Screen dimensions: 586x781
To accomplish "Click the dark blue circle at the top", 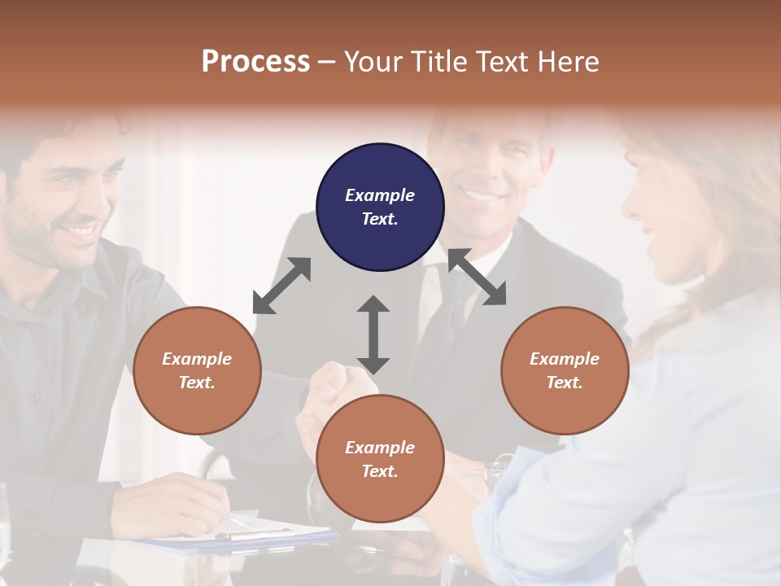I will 380,207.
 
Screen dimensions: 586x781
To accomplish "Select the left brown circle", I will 197,370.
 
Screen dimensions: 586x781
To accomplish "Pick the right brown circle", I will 565,370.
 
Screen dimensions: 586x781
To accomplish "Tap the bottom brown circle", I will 380,459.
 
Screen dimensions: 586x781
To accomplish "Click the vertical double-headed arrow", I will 373,335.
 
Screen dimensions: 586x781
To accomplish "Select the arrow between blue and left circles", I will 281,286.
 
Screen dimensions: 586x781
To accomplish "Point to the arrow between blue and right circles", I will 477,277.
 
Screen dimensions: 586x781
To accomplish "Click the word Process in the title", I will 255,61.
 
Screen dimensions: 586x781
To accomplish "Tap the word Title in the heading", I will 438,61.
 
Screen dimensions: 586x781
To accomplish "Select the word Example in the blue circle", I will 380,195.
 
